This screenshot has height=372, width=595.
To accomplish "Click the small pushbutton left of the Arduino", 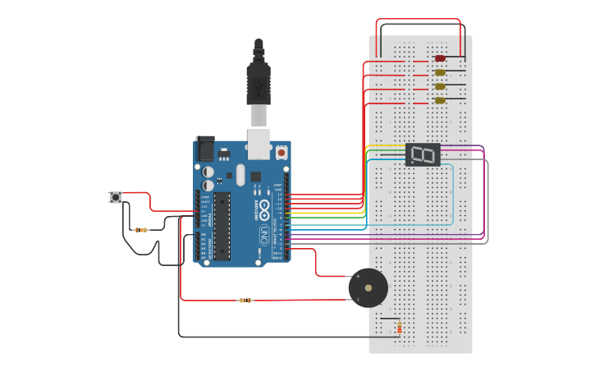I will click(x=116, y=197).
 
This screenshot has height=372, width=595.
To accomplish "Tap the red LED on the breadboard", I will click(x=440, y=58).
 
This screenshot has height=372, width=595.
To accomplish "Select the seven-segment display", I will click(x=423, y=154).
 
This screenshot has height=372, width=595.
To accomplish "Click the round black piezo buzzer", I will click(x=368, y=287).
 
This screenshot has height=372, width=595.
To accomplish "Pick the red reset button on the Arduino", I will click(x=281, y=153).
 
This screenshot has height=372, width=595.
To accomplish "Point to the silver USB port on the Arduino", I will click(x=259, y=143).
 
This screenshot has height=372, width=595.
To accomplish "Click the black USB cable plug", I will click(x=259, y=82).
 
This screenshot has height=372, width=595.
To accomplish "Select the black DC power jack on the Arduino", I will click(x=205, y=148).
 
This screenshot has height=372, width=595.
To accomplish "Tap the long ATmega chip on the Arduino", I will click(x=222, y=225).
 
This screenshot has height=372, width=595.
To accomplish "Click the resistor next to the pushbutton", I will click(x=141, y=230).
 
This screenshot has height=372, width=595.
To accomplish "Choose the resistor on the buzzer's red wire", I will click(x=245, y=301).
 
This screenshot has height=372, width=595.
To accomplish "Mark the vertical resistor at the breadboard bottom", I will click(x=399, y=328).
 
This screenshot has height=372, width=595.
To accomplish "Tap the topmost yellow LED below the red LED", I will click(x=440, y=72).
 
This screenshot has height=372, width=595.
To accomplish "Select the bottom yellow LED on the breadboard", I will click(x=440, y=100).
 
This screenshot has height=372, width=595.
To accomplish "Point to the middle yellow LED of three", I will click(x=440, y=86).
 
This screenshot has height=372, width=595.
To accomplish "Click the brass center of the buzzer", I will click(x=368, y=288).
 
